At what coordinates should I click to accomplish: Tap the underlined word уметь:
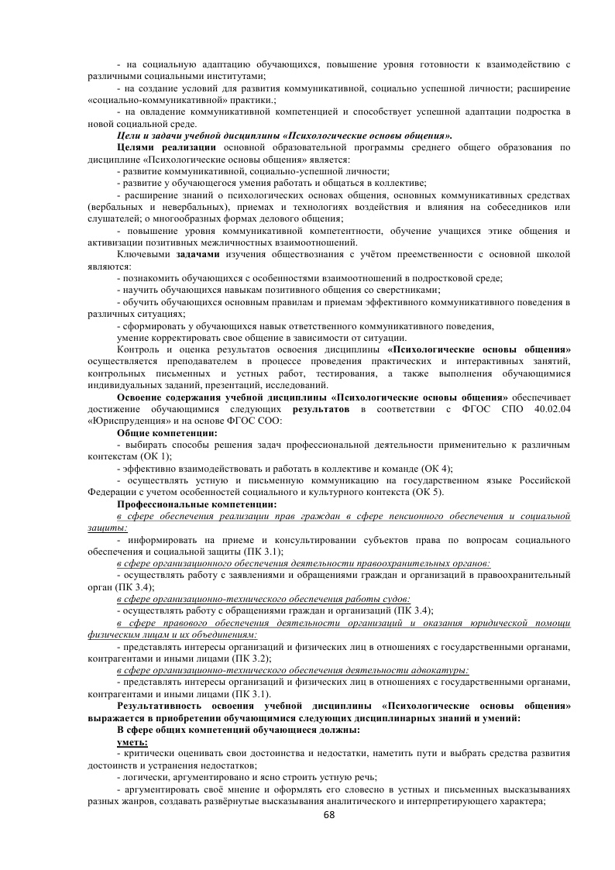[132, 742]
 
